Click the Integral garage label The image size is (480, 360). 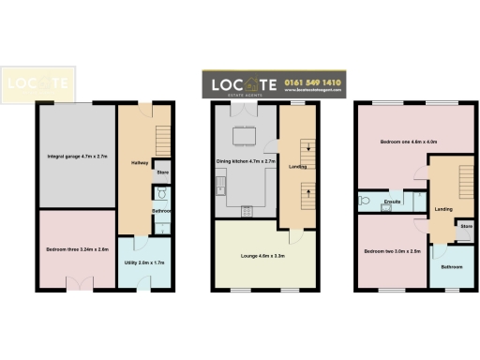tap(76, 156)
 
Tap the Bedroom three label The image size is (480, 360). tap(76, 249)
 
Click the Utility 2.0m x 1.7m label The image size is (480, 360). tap(144, 263)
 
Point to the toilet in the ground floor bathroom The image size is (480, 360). tap(161, 195)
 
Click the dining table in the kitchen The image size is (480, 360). tap(246, 137)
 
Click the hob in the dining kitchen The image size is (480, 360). tap(247, 210)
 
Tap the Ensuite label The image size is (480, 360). tap(394, 201)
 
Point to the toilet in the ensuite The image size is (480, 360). tap(362, 200)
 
